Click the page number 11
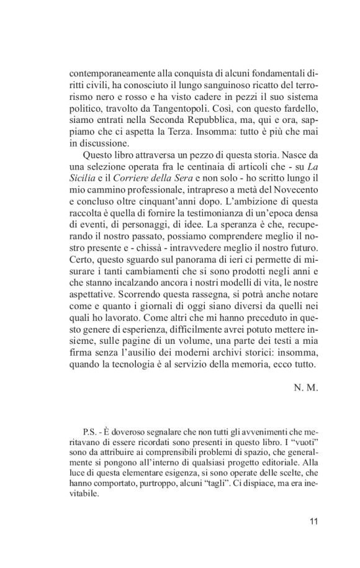312,520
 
